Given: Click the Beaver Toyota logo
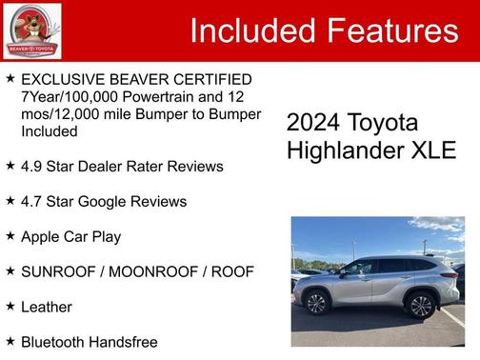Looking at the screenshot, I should pos(31,30).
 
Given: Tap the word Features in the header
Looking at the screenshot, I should pos(392,30).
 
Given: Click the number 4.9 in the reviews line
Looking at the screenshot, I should pos(33,167).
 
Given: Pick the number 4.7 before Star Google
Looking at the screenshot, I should pos(33,202).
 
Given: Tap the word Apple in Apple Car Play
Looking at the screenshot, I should pos(42,236).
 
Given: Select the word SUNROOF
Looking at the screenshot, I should pos(61,271).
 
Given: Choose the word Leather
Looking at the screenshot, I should pos(47,307).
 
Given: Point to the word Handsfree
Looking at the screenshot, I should pos(124,341).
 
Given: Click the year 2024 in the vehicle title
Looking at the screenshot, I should pos(312,124).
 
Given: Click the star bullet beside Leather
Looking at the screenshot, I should pos(10,306).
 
